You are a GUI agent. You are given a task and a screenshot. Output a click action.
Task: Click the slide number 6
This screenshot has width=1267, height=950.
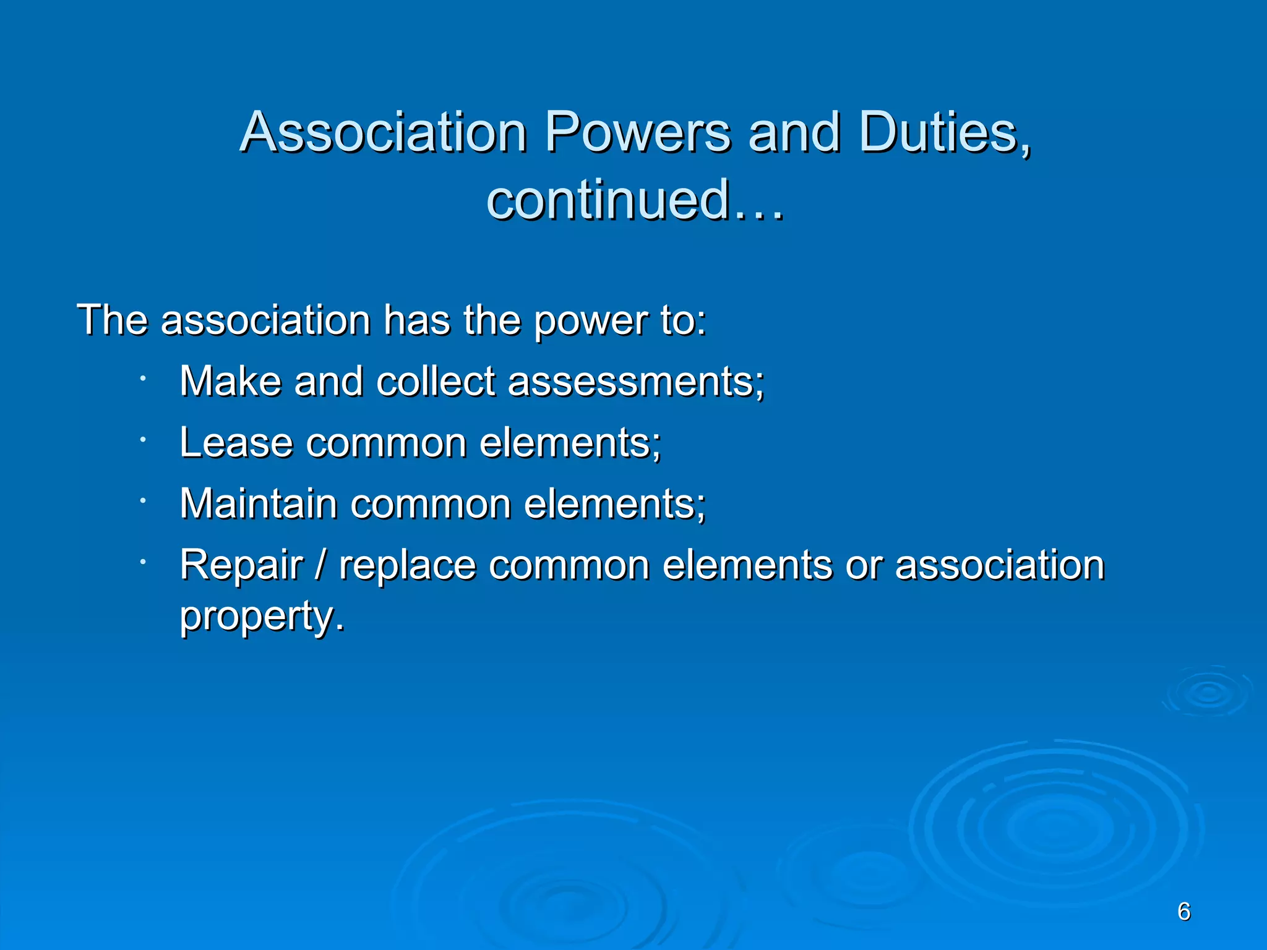point(1184,912)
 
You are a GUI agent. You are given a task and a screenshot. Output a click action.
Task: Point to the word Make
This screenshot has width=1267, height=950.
point(230,381)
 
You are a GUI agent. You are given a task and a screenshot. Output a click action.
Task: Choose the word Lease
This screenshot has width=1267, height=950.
point(236,443)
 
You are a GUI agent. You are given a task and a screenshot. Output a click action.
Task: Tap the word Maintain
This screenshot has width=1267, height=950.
point(258,503)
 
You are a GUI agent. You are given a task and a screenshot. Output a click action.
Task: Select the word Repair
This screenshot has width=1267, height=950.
point(241,565)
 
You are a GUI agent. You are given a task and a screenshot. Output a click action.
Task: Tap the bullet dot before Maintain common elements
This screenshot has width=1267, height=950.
point(142,500)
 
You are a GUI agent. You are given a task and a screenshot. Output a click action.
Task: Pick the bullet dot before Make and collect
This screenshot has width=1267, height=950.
point(142,378)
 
